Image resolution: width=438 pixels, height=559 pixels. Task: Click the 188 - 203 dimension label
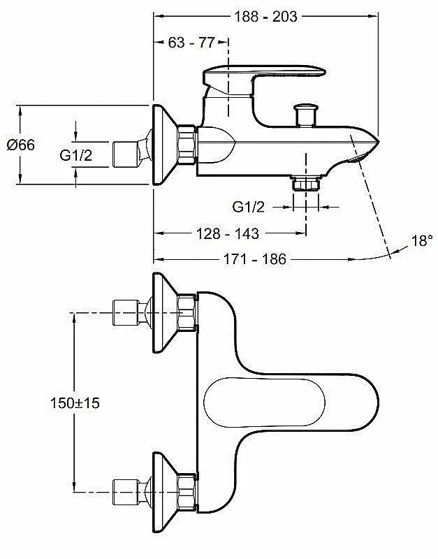click(265, 16)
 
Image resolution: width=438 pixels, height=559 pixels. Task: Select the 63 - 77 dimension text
click(191, 43)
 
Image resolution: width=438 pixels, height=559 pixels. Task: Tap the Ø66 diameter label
click(21, 145)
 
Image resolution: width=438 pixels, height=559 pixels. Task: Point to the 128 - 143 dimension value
click(228, 234)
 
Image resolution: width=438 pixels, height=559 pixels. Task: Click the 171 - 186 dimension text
click(255, 259)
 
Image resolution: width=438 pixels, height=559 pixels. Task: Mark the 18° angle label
click(423, 241)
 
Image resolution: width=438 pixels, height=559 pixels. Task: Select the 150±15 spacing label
click(75, 403)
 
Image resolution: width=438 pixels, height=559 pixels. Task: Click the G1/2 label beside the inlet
click(76, 155)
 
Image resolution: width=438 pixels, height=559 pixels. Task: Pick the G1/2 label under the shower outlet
click(249, 207)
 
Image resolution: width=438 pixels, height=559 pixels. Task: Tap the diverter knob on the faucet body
click(305, 115)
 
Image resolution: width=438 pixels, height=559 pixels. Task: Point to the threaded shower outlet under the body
click(306, 183)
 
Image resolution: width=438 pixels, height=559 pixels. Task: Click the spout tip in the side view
click(373, 143)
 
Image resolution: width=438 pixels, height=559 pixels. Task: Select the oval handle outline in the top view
click(265, 402)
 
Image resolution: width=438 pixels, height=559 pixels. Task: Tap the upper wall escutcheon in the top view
click(165, 312)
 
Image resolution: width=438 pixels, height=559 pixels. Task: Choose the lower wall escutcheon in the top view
click(165, 493)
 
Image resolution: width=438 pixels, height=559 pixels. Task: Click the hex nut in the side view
click(187, 145)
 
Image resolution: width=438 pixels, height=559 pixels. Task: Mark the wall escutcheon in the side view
click(165, 145)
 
